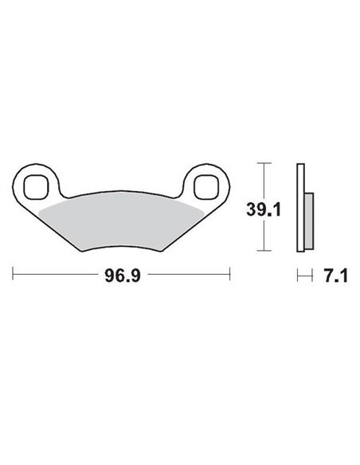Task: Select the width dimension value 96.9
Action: click(x=121, y=277)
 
